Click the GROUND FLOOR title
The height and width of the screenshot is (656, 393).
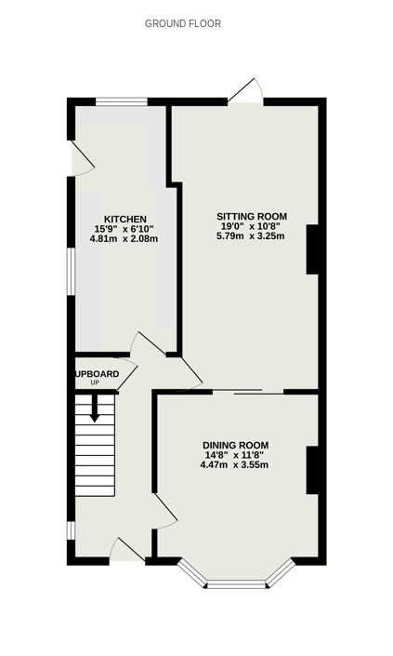[x=183, y=24]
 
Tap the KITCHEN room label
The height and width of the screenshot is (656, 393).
[x=125, y=220]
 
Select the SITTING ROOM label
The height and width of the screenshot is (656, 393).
[x=252, y=216]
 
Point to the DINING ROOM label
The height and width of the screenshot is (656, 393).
[x=236, y=445]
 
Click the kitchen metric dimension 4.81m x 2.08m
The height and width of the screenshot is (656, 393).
[x=124, y=239]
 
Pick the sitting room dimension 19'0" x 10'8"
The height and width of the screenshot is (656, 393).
[x=251, y=226]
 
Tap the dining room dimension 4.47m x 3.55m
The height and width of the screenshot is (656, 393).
[x=234, y=465]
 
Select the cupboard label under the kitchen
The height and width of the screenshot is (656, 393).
[x=97, y=374]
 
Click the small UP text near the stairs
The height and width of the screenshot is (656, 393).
[x=95, y=382]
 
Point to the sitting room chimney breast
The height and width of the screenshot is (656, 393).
[x=312, y=249]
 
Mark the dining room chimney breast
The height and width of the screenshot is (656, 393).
[x=312, y=470]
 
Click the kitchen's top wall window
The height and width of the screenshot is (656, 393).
[x=122, y=101]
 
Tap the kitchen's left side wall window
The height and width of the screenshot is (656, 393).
[x=71, y=272]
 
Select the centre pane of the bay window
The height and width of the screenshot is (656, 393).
[x=236, y=584]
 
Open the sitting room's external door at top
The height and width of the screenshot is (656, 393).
[x=245, y=91]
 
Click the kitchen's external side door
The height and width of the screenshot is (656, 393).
[x=82, y=158]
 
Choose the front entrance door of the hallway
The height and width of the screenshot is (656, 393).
[x=127, y=549]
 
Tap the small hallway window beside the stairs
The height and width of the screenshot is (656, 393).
[x=71, y=530]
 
